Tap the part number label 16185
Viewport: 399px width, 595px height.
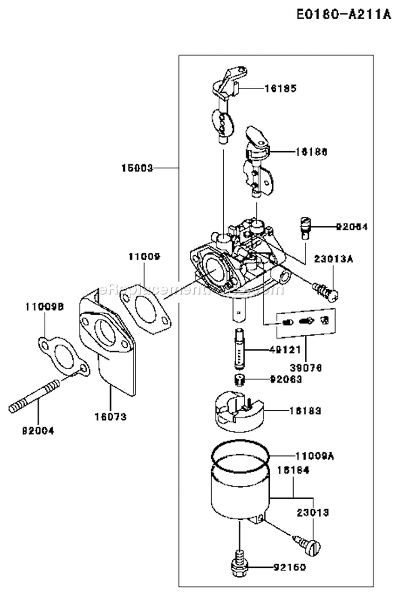coord(280,88)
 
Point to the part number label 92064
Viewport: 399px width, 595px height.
coord(352,227)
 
